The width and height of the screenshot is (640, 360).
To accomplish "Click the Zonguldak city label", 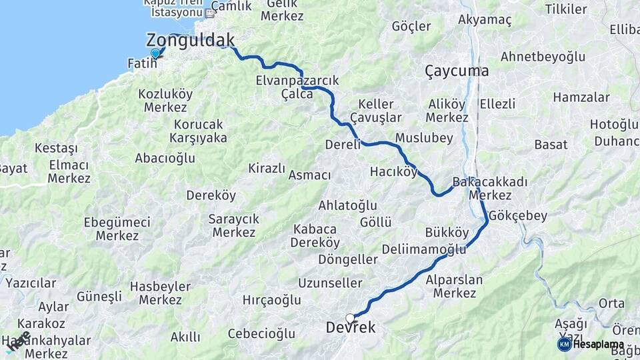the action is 190,39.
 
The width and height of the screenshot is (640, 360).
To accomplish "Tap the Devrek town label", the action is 351,328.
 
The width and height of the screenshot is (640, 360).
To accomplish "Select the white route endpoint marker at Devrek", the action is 350,318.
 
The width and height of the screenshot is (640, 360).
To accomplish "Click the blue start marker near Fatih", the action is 155,53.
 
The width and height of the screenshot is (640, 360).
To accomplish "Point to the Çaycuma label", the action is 457,71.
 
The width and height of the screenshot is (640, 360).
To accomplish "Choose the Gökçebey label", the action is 517,215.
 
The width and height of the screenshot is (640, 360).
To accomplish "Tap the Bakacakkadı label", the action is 489,182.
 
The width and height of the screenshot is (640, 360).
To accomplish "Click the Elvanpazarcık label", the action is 297,81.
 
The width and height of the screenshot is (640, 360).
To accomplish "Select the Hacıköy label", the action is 393,172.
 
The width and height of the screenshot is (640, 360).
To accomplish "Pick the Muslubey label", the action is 424,138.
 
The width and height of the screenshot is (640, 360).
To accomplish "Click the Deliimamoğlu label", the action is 424,249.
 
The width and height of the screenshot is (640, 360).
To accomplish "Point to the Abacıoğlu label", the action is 165,158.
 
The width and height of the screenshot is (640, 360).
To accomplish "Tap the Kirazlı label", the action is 267,168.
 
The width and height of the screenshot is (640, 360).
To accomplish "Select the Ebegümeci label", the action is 117,222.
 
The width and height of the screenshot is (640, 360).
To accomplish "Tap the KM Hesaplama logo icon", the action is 564,344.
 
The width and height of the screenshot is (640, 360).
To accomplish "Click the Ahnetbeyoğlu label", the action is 543,57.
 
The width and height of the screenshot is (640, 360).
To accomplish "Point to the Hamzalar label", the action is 581,97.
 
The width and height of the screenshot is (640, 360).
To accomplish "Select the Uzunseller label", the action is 330,283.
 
